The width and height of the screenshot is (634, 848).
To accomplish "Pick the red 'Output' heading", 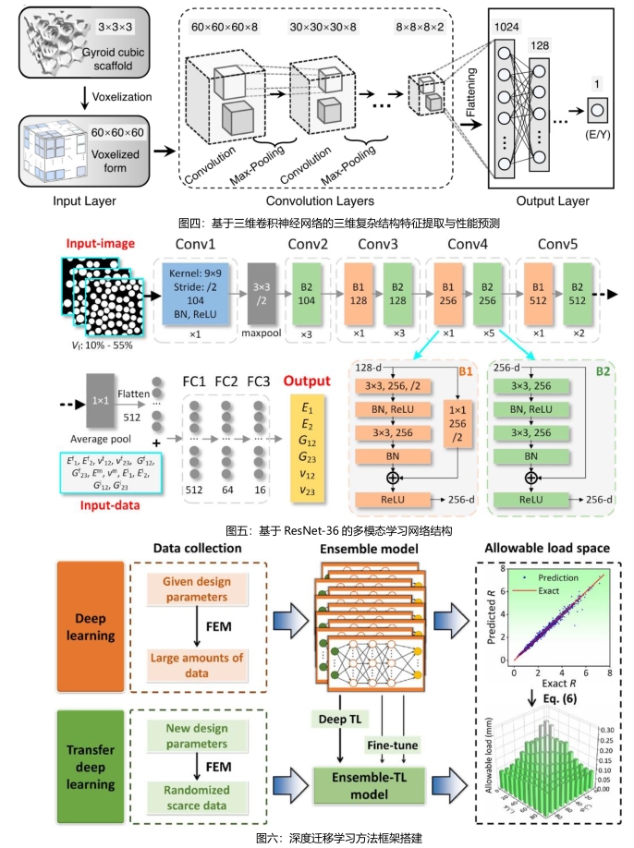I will tap(308, 381).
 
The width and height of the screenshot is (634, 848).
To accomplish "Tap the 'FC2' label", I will tap(228, 381).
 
